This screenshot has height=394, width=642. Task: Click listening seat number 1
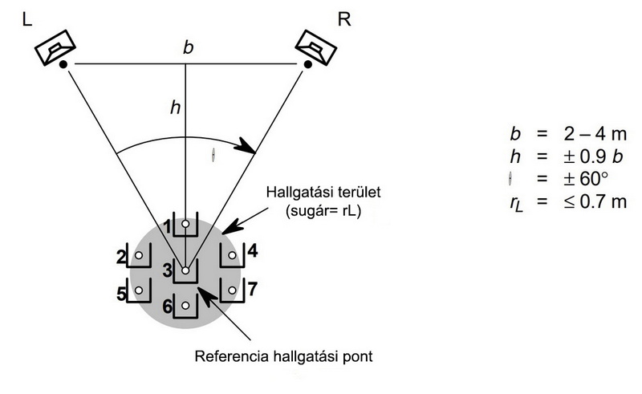click(x=185, y=225)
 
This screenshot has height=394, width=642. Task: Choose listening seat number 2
click(x=139, y=257)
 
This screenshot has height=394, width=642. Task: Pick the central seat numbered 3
click(x=185, y=271)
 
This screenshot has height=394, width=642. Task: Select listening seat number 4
click(x=232, y=257)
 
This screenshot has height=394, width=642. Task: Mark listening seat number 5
click(x=139, y=290)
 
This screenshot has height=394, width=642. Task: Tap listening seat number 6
click(x=185, y=306)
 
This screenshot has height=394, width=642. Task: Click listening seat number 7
click(x=232, y=290)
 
